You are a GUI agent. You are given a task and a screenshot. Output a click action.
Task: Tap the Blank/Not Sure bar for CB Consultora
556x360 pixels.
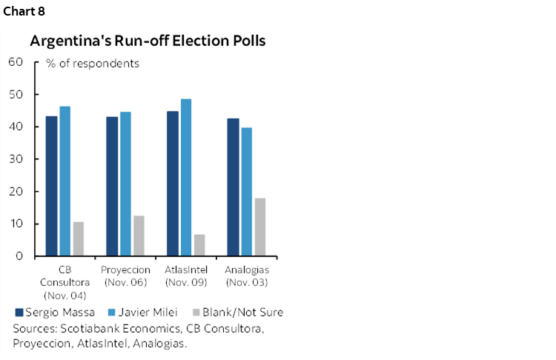point(79,239)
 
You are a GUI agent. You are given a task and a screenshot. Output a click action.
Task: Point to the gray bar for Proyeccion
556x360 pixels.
point(139,236)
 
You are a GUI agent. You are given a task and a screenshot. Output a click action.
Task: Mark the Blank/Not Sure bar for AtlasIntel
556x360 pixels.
point(199,245)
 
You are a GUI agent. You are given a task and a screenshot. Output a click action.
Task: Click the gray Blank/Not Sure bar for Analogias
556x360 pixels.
point(260,227)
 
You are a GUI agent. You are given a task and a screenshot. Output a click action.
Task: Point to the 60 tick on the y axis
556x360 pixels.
point(16,62)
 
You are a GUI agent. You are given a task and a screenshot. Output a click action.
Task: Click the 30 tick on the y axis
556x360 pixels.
point(16,159)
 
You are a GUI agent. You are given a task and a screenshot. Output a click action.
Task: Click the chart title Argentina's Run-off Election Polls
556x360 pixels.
point(148,41)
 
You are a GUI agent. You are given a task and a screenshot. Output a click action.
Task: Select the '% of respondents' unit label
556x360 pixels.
point(93,64)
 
